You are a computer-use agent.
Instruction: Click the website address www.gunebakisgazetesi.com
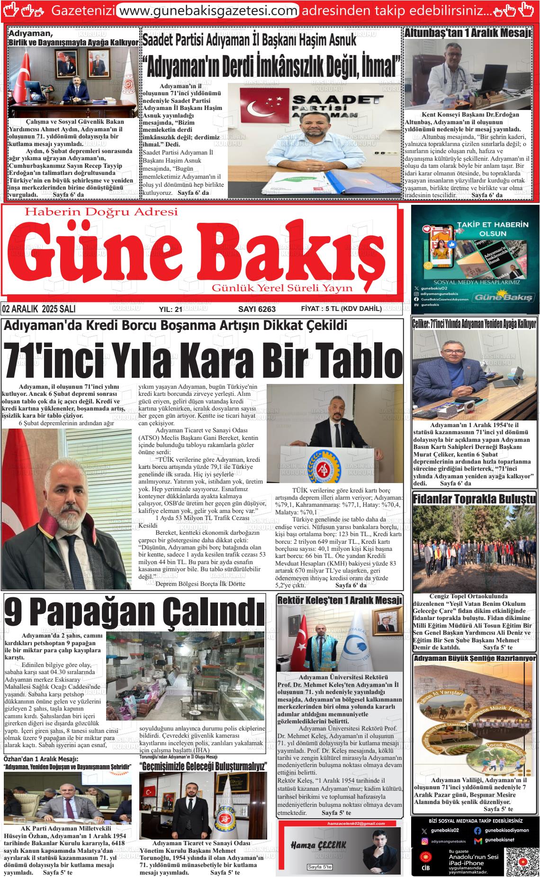click(207, 10)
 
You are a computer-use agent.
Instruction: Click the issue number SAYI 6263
click(257, 309)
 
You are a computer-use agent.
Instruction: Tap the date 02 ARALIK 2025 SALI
click(39, 309)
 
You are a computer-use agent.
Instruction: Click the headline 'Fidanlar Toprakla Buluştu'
click(474, 499)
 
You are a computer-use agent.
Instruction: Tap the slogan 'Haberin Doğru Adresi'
click(101, 212)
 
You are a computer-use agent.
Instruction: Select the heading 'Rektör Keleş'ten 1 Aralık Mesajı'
click(340, 600)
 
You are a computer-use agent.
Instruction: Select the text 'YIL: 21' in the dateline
click(171, 309)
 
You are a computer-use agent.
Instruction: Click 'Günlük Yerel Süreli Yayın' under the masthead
click(282, 288)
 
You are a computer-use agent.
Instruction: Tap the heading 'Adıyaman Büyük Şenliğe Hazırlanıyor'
click(475, 658)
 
